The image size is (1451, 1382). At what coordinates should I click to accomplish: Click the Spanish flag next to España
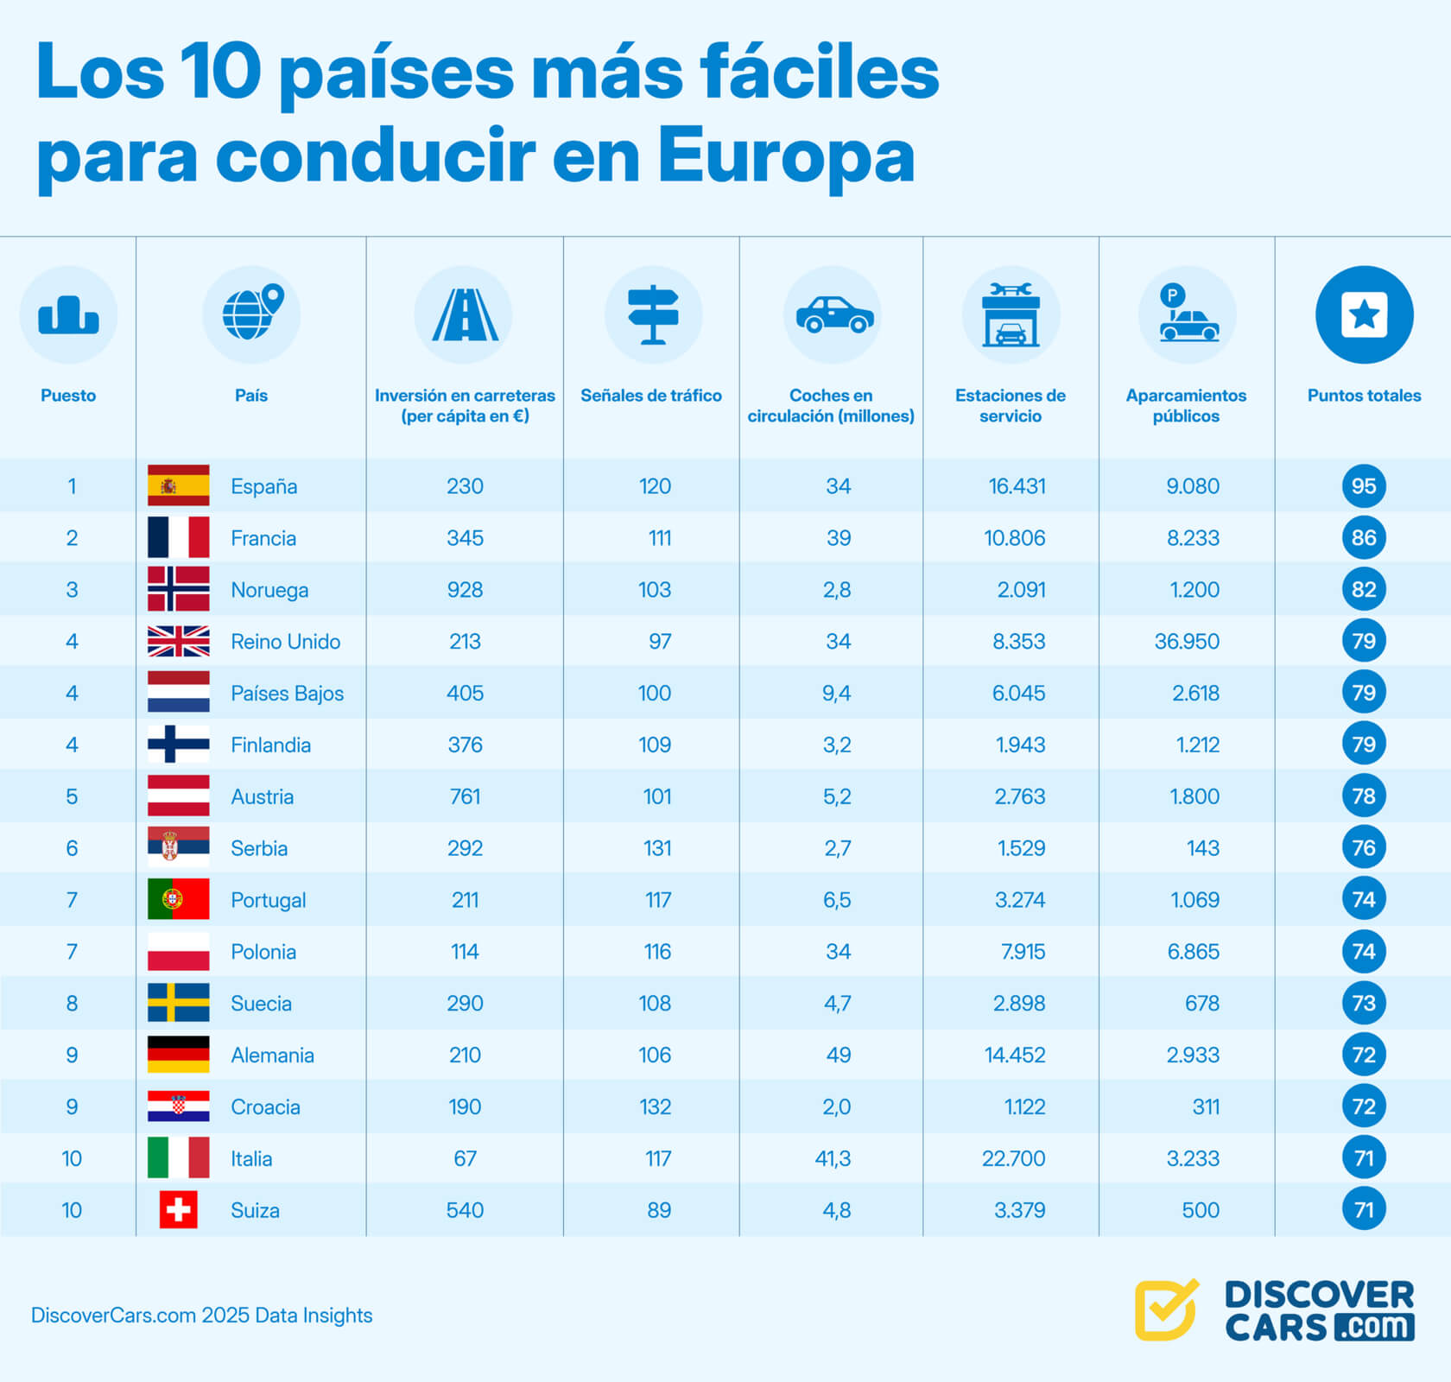click(178, 485)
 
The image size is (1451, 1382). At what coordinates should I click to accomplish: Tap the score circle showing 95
click(1363, 485)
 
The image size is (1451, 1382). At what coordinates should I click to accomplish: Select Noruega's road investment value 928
click(465, 590)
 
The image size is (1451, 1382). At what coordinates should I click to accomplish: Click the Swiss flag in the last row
click(178, 1209)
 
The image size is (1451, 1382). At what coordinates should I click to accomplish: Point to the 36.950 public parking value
click(1187, 642)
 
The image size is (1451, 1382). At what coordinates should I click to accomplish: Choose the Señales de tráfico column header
click(650, 396)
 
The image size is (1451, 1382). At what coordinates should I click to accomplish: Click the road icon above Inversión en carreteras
click(464, 314)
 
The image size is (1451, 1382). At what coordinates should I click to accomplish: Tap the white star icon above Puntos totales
click(1364, 314)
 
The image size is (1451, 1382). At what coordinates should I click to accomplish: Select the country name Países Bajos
click(287, 694)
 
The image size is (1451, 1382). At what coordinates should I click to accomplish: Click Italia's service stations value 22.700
click(1013, 1158)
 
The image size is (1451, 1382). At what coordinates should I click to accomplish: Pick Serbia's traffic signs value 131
click(656, 848)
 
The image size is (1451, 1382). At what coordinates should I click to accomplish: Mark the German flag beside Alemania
click(178, 1055)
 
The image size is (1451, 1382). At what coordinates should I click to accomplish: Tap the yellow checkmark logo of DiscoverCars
click(1166, 1309)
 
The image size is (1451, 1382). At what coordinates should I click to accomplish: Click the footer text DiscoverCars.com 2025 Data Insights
click(202, 1315)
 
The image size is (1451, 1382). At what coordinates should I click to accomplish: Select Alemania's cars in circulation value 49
click(838, 1055)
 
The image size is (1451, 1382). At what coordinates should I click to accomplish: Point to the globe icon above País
click(250, 314)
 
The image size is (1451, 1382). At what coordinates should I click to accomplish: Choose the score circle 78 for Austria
click(1363, 796)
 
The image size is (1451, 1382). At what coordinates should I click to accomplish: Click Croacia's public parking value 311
click(1205, 1106)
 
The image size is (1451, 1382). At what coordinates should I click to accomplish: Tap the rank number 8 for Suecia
click(72, 1004)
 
